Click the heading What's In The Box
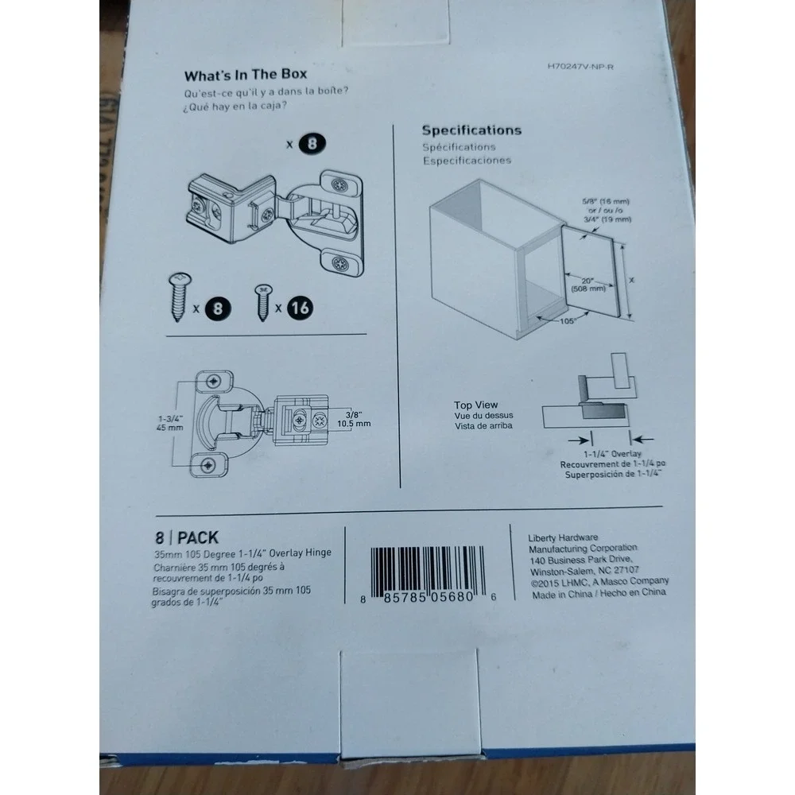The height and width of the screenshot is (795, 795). coord(246,75)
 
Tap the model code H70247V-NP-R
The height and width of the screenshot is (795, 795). coord(580,67)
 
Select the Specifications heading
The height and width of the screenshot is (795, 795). coord(471,130)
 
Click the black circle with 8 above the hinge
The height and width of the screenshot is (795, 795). coord(312,143)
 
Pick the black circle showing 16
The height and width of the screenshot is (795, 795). coord(300,308)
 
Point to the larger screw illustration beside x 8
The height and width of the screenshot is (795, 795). coord(180,296)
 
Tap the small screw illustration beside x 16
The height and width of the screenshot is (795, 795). coord(262,302)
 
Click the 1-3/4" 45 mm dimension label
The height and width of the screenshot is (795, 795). coord(170,423)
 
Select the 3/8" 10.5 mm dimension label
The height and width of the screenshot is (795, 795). coord(354,419)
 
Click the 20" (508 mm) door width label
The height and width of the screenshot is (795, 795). coord(588,285)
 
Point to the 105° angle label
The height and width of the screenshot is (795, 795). coord(568,321)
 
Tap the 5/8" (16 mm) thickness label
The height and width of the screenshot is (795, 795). coord(606,201)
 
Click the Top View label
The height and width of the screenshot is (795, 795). coord(475,405)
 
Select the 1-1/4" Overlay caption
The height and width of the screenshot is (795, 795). coord(612,454)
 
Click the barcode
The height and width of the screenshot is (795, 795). coord(428,572)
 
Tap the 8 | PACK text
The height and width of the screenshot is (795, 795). coord(187,537)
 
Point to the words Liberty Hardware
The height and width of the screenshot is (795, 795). coord(563,537)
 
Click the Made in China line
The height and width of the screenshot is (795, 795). coord(599,593)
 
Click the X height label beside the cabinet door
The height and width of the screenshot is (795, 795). coord(631,280)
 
